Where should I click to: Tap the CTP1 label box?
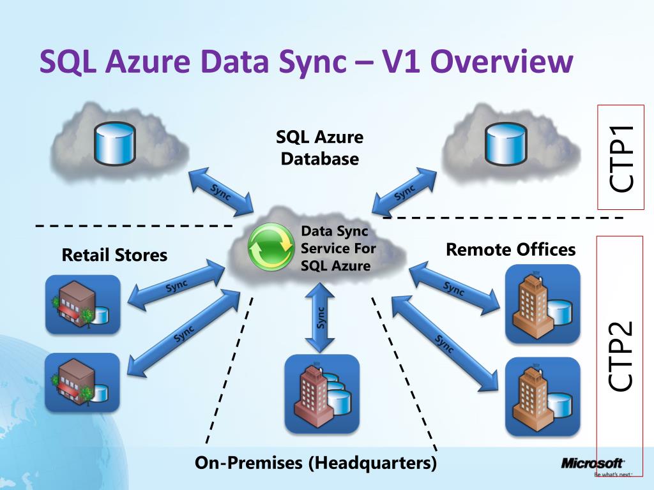pos(621,157)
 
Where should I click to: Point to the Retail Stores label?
pos(114,256)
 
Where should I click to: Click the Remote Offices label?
pos(510,249)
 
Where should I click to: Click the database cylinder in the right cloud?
pos(505,144)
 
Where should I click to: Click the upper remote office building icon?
pos(542,304)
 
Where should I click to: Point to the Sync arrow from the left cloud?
pos(221,192)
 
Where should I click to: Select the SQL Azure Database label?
pos(319,147)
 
